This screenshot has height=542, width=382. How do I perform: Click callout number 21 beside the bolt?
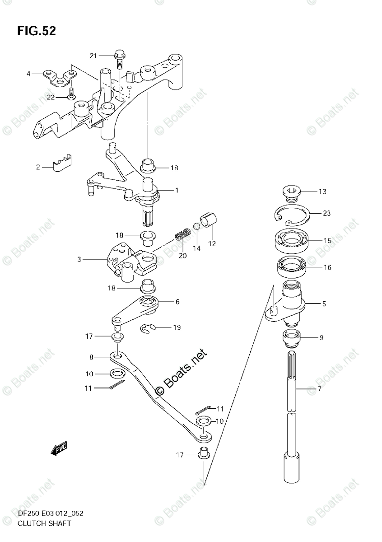point(93,56)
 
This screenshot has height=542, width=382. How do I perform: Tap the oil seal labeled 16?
point(292,266)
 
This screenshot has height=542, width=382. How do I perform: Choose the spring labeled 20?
point(182,234)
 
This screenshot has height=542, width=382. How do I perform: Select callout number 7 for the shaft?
point(319,388)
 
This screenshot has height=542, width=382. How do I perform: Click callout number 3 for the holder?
point(79,259)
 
